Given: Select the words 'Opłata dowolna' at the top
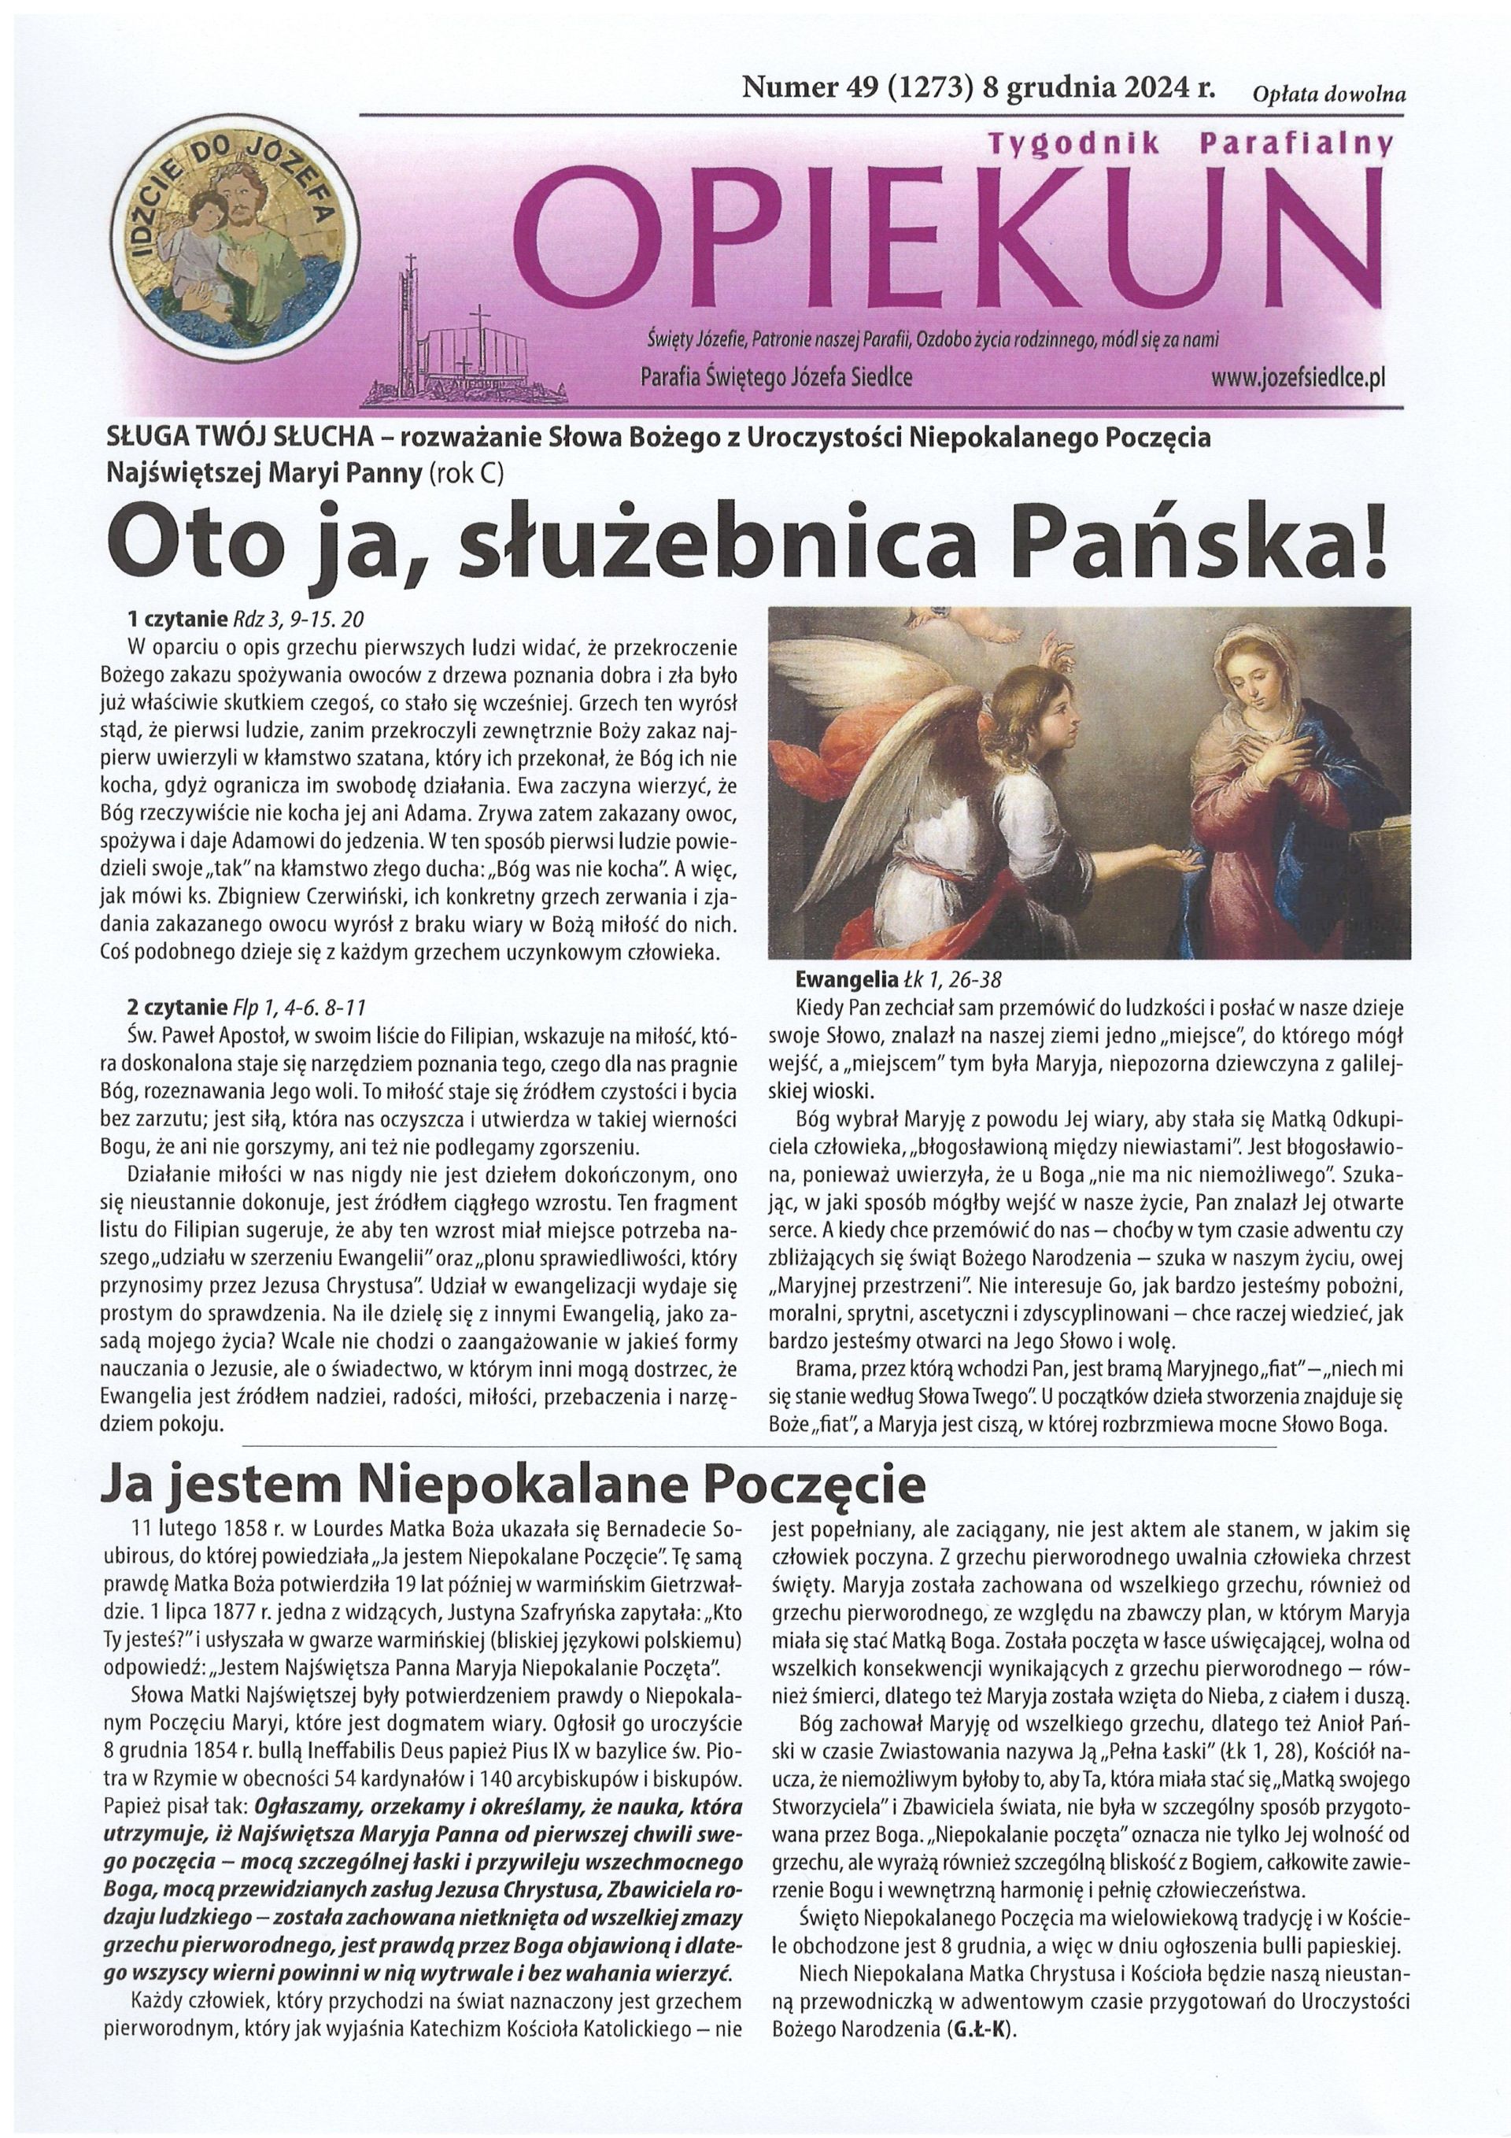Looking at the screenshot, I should click(1329, 93).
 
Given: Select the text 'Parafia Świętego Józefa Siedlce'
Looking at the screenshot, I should click(778, 378).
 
